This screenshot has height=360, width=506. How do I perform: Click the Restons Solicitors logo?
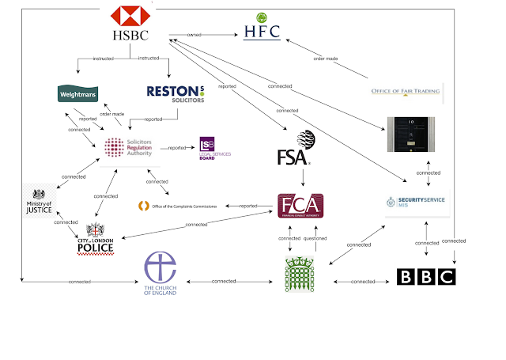point(176,93)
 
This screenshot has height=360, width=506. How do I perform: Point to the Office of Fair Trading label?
point(406,91)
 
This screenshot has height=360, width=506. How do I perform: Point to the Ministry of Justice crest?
point(39,203)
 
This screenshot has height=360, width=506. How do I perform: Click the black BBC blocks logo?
point(426,277)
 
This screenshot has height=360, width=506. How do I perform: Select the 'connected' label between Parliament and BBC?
point(363,282)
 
